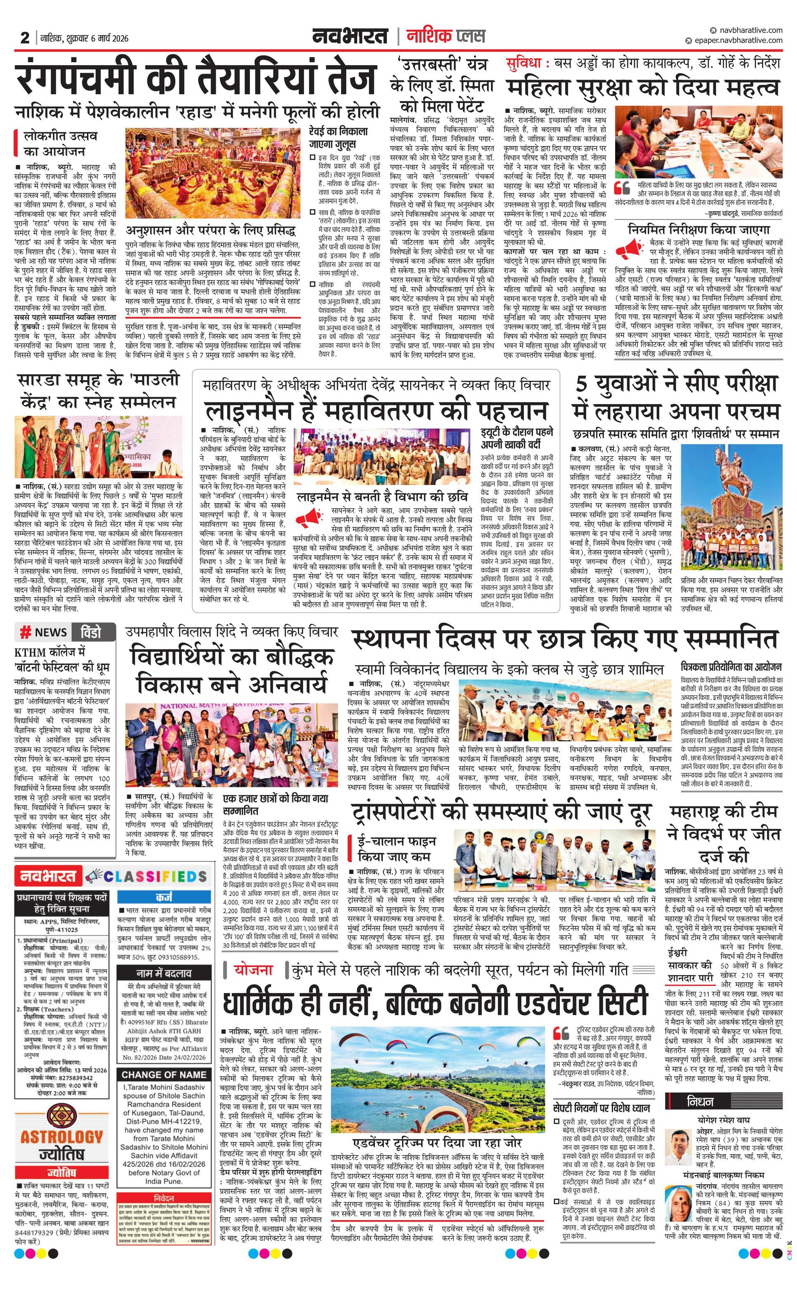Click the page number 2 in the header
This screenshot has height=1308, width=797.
[24, 38]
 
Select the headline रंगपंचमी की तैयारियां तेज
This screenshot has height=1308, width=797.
[196, 80]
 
